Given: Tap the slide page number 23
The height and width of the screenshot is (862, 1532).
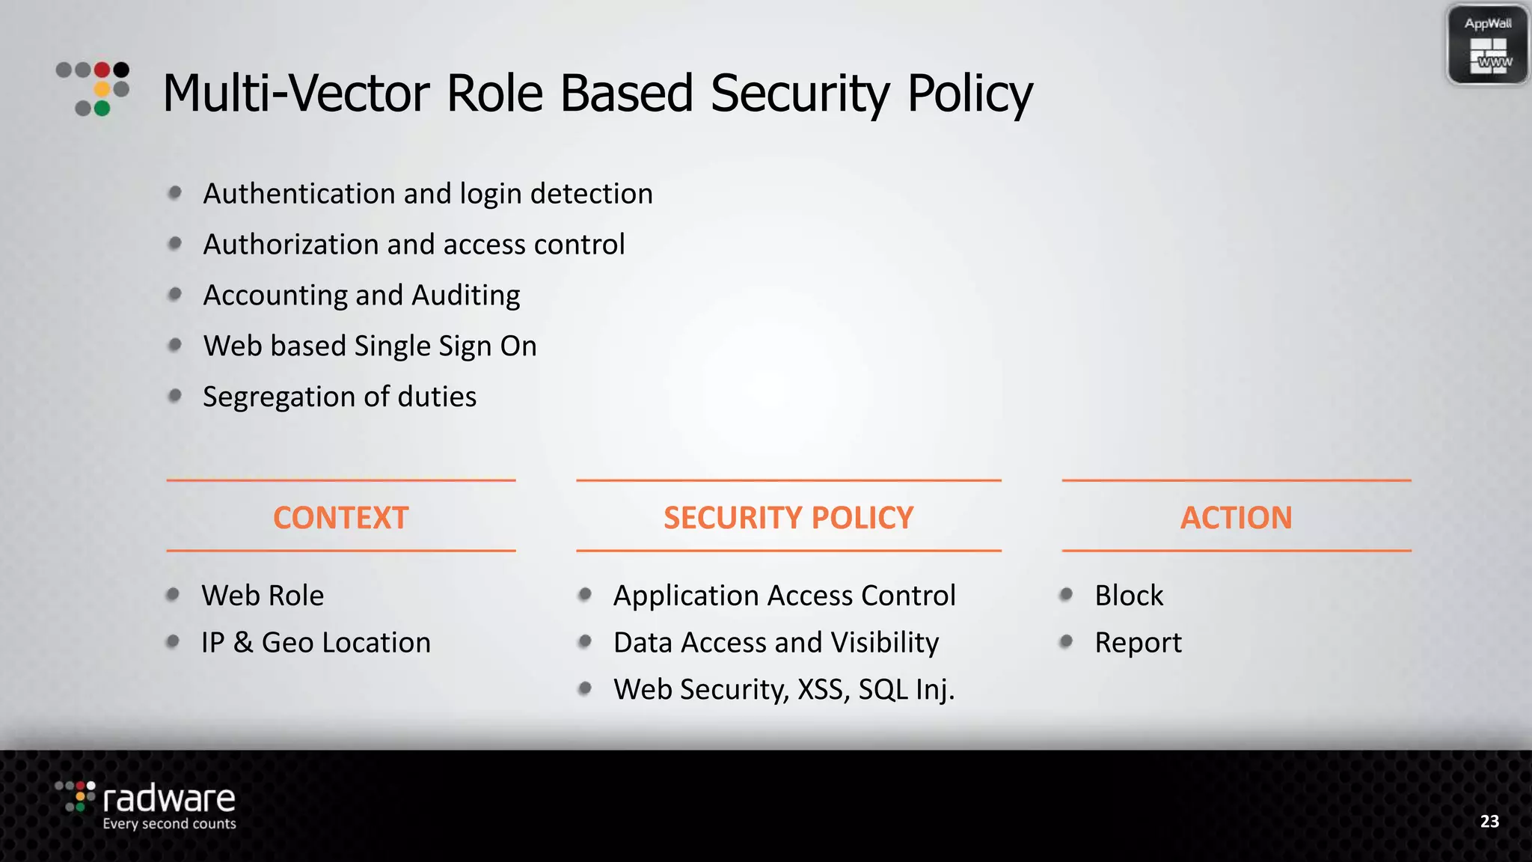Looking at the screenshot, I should coord(1489,822).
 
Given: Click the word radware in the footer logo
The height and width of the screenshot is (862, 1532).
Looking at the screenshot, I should coord(169,799).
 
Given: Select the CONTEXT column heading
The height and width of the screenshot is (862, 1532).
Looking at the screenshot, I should coord(340,518).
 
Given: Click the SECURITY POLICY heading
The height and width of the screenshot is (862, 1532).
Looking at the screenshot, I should coord(788,518).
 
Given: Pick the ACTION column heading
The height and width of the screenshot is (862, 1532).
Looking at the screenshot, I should coord(1236,518).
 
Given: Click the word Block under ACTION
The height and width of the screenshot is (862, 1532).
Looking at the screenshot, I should coord(1129,596).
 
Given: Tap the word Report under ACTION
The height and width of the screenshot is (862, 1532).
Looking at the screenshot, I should coord(1138,643).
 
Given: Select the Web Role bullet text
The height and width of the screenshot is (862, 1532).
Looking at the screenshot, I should coord(263,596).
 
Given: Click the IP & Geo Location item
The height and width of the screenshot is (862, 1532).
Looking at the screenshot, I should coord(316,643).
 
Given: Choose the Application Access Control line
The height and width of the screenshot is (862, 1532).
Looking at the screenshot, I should coord(784,596).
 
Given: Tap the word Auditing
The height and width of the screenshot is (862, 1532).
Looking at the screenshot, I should coord(466,296).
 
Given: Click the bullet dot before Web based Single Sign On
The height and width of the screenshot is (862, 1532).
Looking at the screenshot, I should coord(175,345).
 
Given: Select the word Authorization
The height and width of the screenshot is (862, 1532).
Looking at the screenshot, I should coord(291,245).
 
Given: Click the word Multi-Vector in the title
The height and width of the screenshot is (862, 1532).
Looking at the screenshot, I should coord(296,94).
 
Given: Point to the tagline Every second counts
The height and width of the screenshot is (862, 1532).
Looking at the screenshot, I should coord(169,824).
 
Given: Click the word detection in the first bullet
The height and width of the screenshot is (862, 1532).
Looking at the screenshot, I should coord(591,194).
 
